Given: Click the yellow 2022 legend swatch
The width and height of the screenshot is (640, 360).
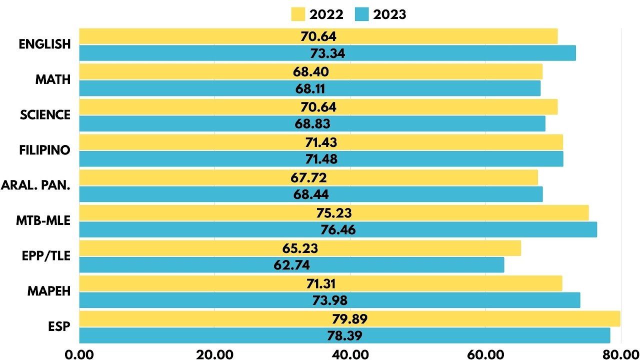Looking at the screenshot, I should click(298, 14).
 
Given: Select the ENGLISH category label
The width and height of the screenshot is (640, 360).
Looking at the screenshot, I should click(45, 44).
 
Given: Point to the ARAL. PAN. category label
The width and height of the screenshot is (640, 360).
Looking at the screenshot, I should click(36, 185).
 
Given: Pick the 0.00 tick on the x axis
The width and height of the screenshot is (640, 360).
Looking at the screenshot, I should click(79, 354).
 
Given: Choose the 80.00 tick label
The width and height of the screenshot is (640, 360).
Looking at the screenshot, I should click(619, 354).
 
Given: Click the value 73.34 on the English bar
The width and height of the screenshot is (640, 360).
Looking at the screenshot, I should click(328, 53).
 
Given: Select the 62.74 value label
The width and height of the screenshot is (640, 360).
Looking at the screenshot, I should click(291, 265).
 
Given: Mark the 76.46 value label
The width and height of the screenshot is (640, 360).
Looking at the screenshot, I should click(337, 230).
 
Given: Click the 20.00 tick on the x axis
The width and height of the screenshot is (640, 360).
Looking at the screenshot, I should click(214, 354).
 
